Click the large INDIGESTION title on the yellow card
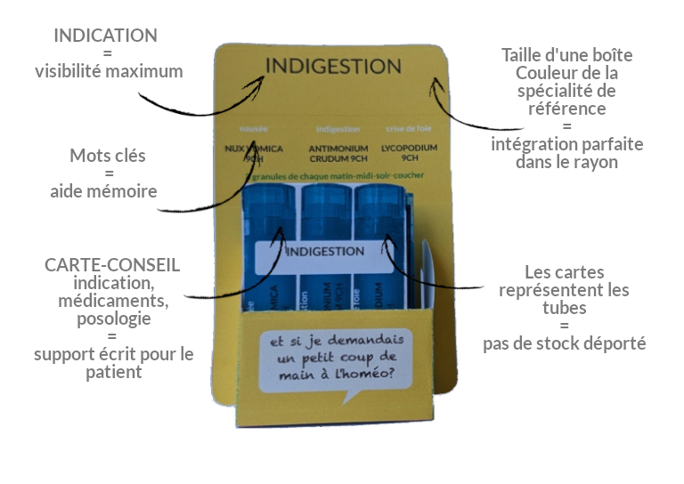pyautogui.click(x=333, y=67)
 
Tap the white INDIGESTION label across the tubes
pyautogui.click(x=325, y=252)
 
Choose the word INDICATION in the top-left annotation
pyautogui.click(x=105, y=36)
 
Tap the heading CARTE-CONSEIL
pyautogui.click(x=112, y=265)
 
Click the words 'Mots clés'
pyautogui.click(x=108, y=156)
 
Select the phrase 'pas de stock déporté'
pyautogui.click(x=564, y=343)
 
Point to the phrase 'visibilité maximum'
pyautogui.click(x=109, y=71)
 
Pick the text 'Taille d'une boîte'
pyautogui.click(x=567, y=55)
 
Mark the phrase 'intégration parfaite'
pyautogui.click(x=566, y=144)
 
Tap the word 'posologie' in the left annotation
pyautogui.click(x=114, y=319)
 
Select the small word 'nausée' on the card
pyautogui.click(x=254, y=129)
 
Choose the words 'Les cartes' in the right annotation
pyautogui.click(x=565, y=272)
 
